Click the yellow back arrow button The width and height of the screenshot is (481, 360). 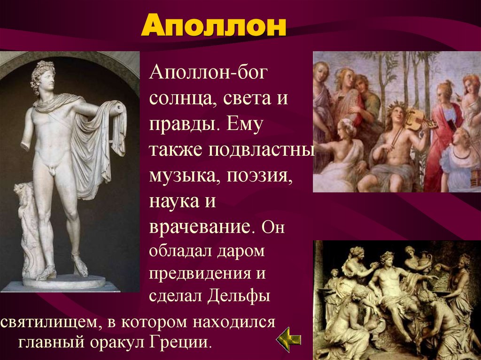288,340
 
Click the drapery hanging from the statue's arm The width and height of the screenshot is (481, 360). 101,146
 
